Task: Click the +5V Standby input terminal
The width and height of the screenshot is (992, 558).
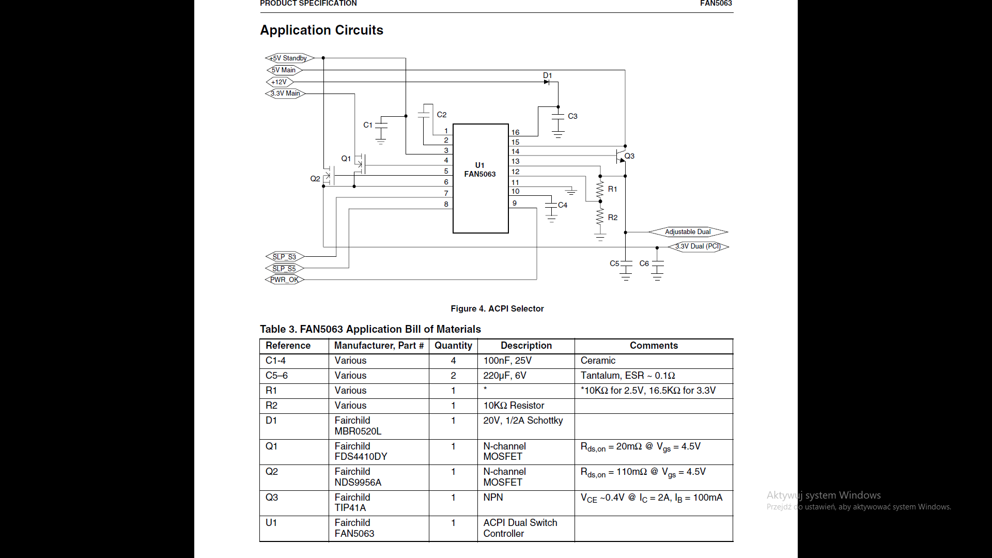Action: [289, 58]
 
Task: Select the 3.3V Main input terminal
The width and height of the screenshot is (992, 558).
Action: [285, 94]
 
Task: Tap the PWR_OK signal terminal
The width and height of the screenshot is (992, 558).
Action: [285, 280]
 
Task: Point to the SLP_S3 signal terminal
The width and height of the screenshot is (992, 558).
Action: [285, 257]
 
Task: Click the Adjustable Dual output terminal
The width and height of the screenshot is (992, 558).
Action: [688, 232]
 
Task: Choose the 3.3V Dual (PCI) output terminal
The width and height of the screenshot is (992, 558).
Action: [698, 246]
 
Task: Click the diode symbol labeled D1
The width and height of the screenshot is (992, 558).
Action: [547, 82]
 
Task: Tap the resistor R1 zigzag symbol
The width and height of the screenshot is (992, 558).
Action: [600, 189]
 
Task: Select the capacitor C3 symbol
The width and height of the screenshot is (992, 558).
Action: [558, 116]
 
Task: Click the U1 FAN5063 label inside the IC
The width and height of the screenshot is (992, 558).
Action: [480, 169]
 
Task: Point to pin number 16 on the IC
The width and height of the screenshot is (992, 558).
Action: [515, 132]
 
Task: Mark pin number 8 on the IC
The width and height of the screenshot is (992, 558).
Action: [446, 204]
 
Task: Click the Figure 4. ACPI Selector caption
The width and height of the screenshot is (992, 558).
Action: [497, 308]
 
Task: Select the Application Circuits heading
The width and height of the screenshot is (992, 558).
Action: [321, 30]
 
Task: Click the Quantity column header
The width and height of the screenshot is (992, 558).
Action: [453, 346]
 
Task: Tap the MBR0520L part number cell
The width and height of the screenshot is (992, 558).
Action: [358, 431]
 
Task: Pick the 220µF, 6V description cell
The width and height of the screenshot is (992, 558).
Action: [505, 376]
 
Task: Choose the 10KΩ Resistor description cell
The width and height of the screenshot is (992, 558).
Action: [514, 406]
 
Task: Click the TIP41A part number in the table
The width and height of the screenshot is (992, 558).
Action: [350, 508]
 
